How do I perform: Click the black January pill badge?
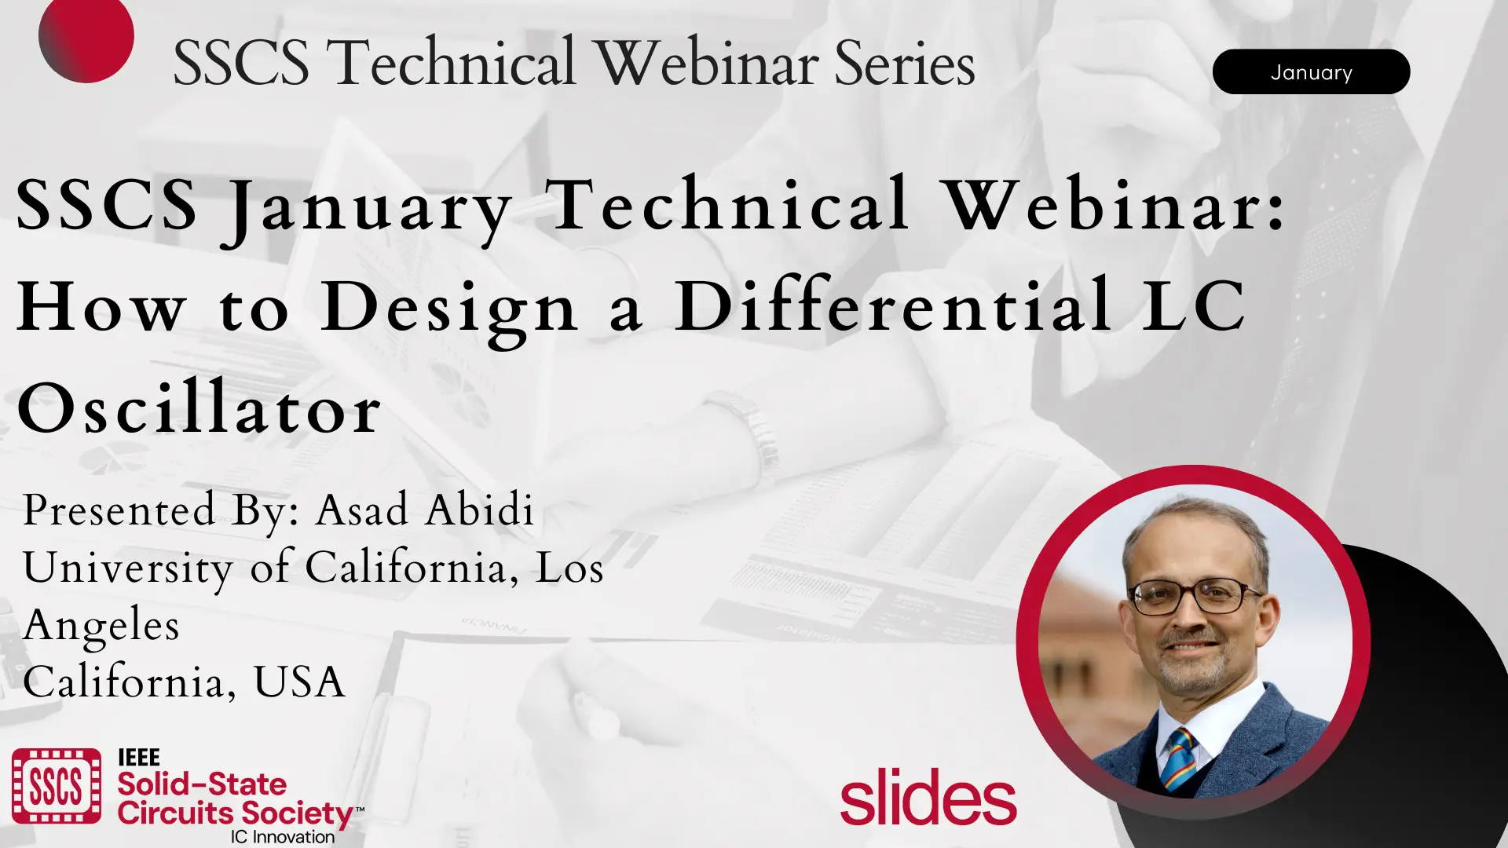point(1311,72)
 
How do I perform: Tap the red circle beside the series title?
point(86,37)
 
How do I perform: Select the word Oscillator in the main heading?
point(199,407)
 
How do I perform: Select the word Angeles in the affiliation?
point(101,627)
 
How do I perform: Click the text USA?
point(298,682)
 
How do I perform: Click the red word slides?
point(928,797)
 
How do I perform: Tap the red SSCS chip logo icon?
point(57,786)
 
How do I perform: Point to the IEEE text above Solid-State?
point(139,758)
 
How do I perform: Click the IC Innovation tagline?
point(283,837)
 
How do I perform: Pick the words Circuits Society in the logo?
point(236,813)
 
